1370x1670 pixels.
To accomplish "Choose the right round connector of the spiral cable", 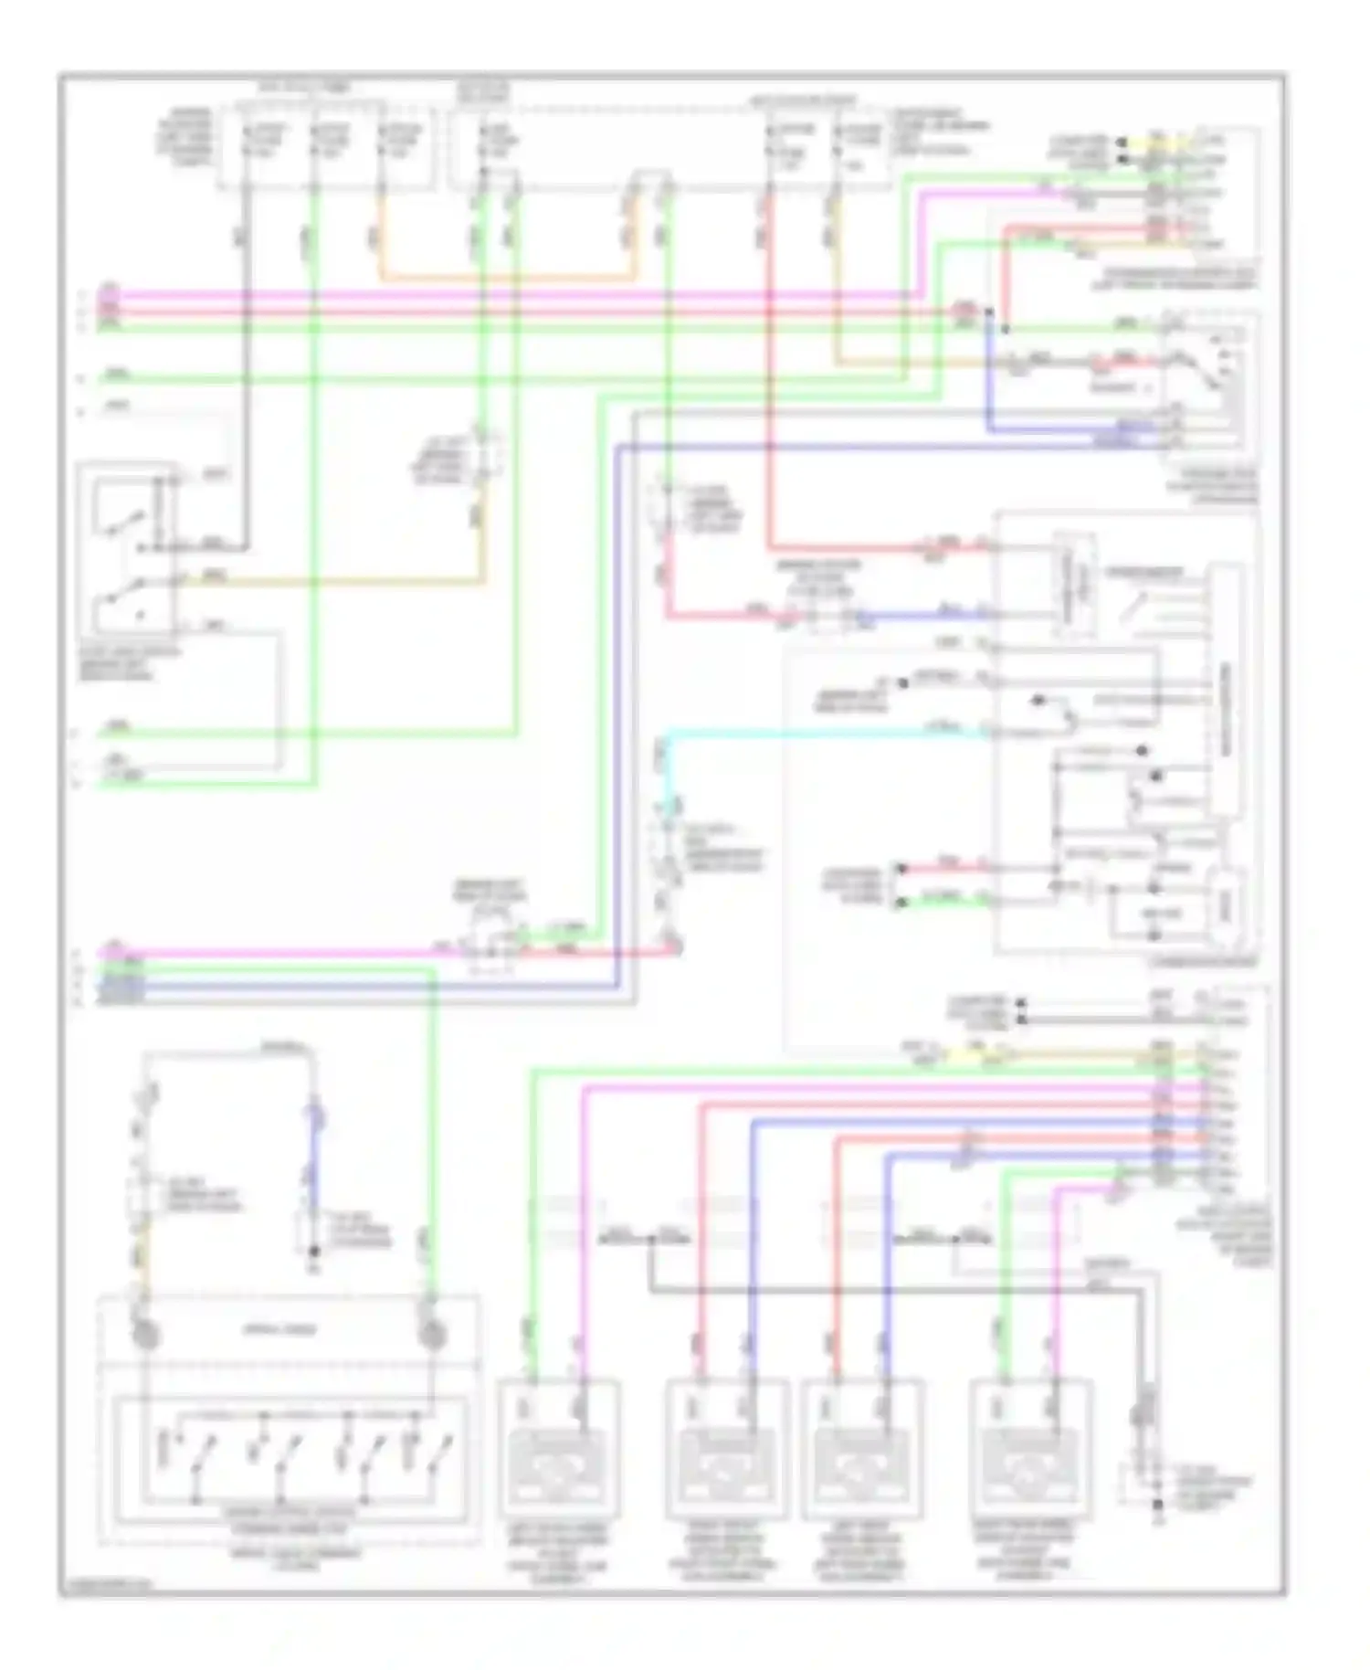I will [x=431, y=1337].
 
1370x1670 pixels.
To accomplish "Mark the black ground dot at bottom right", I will [x=1157, y=1503].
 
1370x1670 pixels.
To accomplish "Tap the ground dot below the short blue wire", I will [x=313, y=1250].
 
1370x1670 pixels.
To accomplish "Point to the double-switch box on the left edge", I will [x=128, y=548].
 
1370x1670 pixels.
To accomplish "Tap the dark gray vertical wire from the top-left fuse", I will [x=245, y=365].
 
